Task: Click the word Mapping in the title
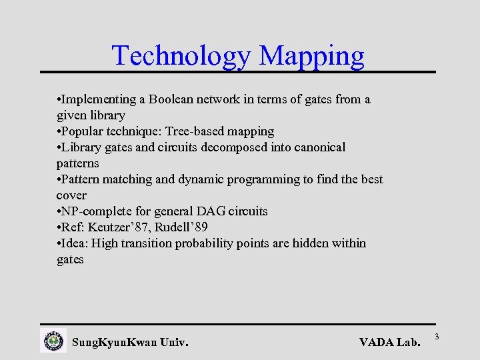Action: click(312, 55)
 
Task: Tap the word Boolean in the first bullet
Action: click(176, 99)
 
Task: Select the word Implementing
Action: click(98, 99)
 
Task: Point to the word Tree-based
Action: click(193, 131)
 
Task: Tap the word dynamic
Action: click(197, 179)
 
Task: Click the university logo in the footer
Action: click(54, 341)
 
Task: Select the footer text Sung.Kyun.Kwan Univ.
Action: click(130, 343)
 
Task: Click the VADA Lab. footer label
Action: click(390, 343)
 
